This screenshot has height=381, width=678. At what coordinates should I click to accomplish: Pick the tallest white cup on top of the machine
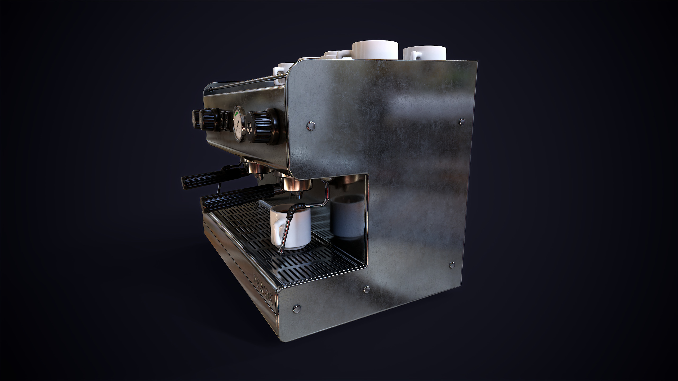[375, 50]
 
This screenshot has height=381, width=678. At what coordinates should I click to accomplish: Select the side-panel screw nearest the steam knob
[311, 126]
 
